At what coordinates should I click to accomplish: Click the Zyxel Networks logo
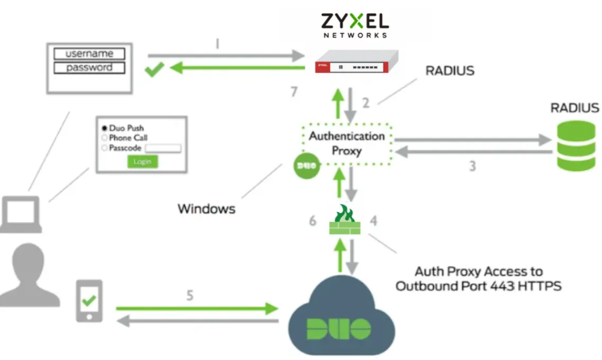pos(354,25)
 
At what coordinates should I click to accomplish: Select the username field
pos(89,53)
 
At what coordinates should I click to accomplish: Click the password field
pos(89,68)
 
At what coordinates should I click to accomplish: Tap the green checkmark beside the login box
pos(155,69)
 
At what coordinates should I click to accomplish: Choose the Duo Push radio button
pos(104,128)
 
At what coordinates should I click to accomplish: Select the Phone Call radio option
pos(104,138)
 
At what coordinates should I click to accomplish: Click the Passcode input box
pos(163,148)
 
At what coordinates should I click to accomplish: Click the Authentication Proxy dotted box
pos(346,143)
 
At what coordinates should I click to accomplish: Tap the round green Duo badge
pos(306,166)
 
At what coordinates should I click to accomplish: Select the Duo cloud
pos(339,318)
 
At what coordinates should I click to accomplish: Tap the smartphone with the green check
pos(89,301)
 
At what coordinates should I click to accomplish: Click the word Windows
pos(206,209)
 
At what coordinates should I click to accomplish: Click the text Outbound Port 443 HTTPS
pos(478,286)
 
